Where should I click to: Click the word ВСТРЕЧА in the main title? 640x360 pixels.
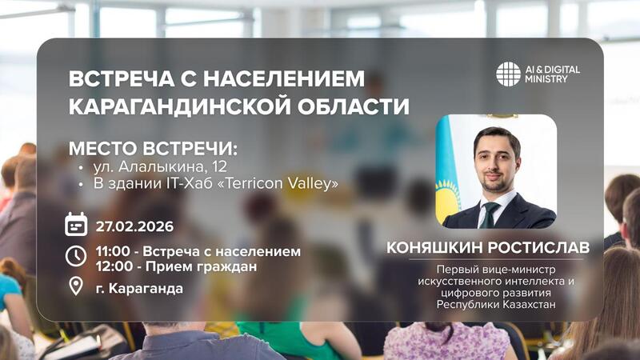pyautogui.click(x=118, y=80)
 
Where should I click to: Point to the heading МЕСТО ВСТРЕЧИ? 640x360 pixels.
pyautogui.click(x=154, y=150)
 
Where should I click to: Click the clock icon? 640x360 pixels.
pyautogui.click(x=75, y=255)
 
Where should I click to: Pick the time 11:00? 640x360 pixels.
pyautogui.click(x=112, y=251)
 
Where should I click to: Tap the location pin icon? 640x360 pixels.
pyautogui.click(x=75, y=286)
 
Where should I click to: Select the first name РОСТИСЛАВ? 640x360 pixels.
pyautogui.click(x=543, y=248)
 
